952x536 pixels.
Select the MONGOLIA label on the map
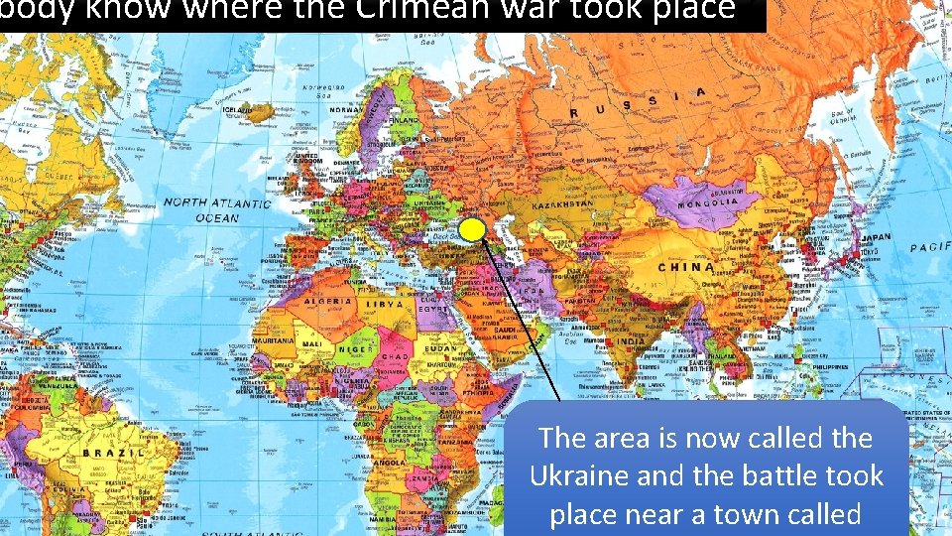pos(707,201)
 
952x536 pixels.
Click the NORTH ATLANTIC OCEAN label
pos(216,209)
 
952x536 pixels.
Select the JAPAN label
pos(876,238)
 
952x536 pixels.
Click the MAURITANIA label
pos(273,340)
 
